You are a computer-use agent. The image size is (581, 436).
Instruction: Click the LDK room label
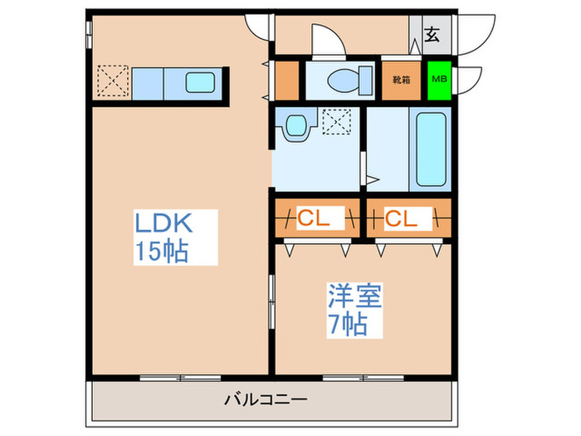[x=164, y=223]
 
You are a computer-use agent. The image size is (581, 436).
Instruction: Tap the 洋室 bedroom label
[x=354, y=296]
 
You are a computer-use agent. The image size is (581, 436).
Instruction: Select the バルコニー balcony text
[x=266, y=399]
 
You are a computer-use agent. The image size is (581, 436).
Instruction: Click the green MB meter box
[x=439, y=80]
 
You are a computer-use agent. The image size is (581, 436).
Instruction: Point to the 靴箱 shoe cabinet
[x=401, y=80]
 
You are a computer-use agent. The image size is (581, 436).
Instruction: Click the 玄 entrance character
[x=432, y=35]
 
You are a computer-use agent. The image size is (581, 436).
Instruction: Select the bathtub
[x=431, y=149]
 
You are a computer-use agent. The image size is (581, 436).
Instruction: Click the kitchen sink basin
[x=200, y=82]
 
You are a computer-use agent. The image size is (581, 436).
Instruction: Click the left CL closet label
[x=314, y=218]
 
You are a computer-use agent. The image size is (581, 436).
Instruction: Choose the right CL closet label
[x=401, y=218]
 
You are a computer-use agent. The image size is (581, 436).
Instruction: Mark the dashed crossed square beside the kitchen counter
[x=113, y=81]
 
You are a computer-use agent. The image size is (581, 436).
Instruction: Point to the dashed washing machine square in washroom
[x=336, y=121]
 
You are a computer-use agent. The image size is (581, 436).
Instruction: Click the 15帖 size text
[x=162, y=251]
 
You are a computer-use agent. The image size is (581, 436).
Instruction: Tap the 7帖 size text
[x=348, y=325]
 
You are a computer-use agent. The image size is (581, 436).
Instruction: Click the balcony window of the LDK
[x=180, y=378]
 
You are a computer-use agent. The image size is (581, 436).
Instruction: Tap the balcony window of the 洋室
[x=364, y=378]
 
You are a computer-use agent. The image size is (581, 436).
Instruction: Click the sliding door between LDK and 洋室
[x=271, y=301]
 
